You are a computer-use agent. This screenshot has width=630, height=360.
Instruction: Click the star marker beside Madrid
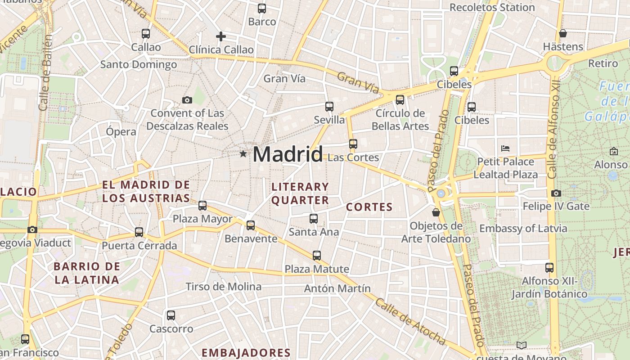243,154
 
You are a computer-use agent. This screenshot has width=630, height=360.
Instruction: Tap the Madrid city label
288,154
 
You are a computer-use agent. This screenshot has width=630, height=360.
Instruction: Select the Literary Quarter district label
300,193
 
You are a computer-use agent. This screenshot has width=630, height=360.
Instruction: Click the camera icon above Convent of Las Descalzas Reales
187,100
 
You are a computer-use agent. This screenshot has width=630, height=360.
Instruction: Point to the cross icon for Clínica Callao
220,36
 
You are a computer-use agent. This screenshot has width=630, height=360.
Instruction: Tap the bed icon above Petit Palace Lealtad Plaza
505,148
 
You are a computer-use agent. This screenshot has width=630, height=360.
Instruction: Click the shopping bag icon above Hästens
562,33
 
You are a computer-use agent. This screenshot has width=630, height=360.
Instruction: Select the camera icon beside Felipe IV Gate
556,193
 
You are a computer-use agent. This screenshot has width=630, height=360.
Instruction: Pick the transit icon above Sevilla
329,107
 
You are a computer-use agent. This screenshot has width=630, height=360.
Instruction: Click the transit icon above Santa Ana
314,219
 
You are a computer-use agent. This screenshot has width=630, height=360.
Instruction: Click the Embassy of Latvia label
523,228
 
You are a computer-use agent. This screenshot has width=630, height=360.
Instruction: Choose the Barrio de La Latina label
87,273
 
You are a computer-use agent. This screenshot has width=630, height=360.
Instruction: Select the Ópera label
121,132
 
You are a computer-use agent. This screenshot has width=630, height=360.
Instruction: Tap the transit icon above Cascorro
171,315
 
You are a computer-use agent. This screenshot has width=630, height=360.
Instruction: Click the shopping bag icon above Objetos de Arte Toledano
436,212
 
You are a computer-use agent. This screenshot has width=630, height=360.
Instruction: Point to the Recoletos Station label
492,8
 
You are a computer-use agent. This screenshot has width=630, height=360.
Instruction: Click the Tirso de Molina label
223,287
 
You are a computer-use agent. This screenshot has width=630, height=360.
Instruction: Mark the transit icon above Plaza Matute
317,256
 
